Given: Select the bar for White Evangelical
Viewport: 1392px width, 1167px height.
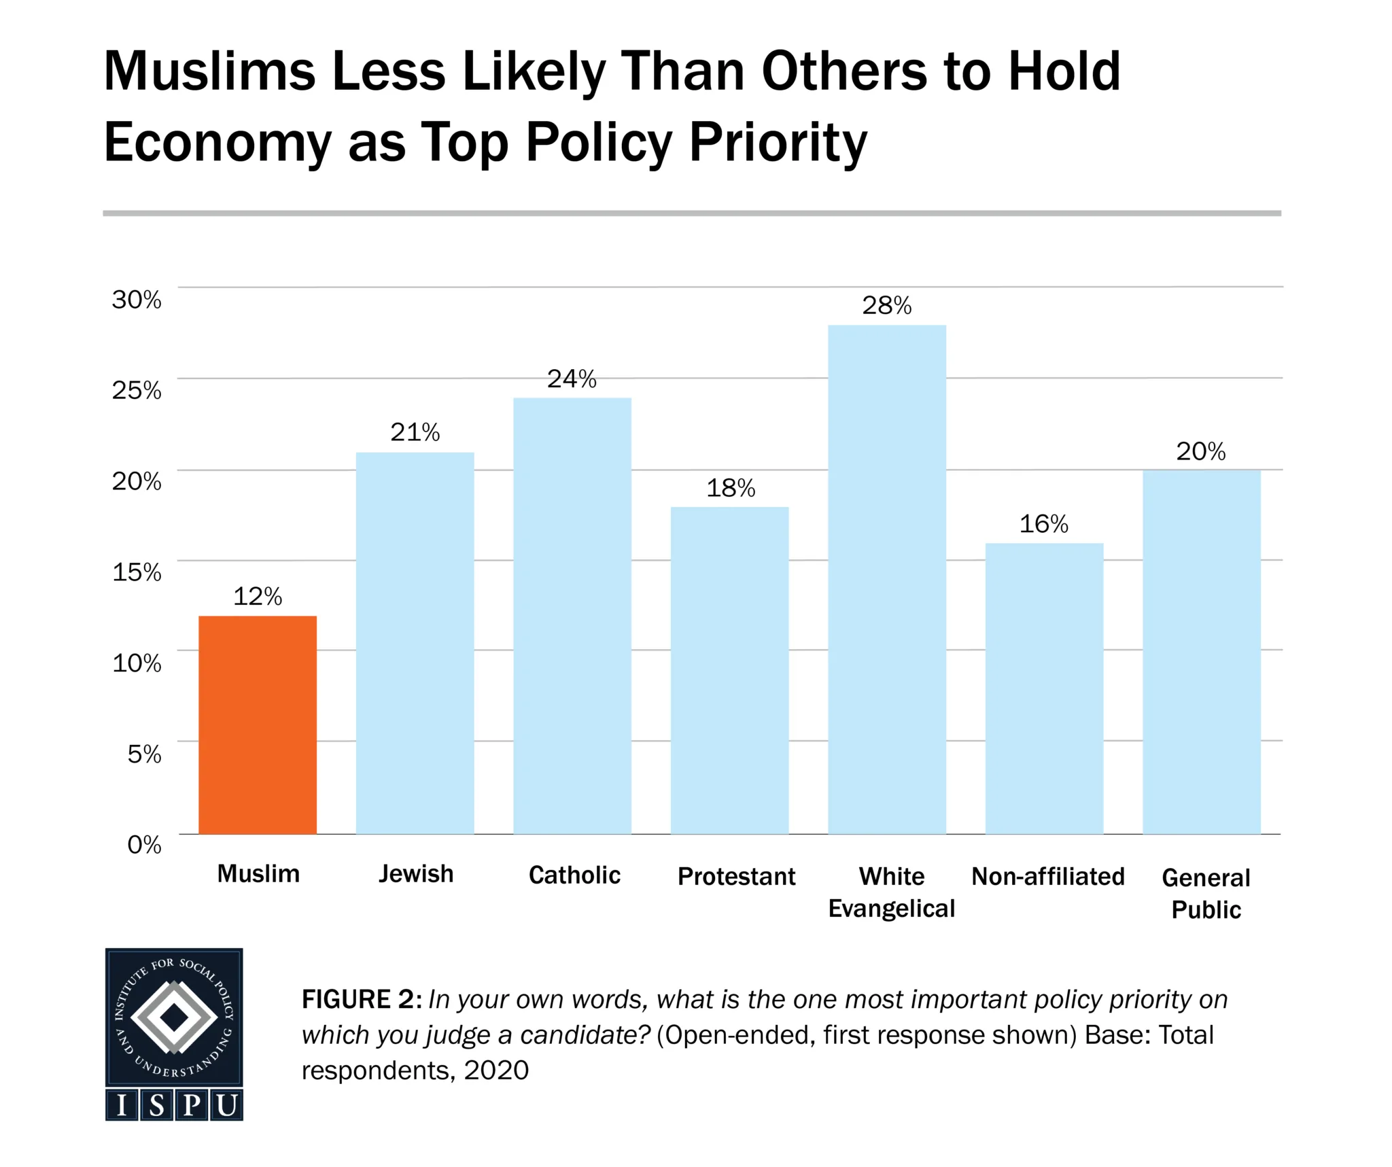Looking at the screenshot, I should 886,579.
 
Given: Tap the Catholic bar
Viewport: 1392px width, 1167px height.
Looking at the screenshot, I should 572,615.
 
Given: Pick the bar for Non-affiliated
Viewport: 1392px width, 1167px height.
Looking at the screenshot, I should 1044,688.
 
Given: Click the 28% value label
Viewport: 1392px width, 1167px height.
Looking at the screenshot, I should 886,306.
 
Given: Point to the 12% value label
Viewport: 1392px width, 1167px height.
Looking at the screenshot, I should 257,597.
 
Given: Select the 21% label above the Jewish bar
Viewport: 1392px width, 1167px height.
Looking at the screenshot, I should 415,432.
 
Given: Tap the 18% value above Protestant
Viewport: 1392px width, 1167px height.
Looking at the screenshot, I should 731,488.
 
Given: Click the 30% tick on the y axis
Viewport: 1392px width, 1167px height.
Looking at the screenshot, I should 137,300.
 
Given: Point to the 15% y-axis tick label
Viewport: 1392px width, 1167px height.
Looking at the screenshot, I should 137,572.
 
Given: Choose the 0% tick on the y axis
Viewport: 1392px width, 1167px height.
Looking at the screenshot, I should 144,845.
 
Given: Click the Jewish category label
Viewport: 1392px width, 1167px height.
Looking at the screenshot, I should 416,874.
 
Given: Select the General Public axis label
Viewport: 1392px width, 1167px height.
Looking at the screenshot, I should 1206,893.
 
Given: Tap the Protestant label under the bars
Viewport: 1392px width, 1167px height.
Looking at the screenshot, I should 736,877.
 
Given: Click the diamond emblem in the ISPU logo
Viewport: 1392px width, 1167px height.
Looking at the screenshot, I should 174,1017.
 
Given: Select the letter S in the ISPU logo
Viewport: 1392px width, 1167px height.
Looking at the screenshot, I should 157,1106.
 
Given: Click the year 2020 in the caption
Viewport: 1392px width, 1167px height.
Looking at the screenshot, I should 496,1070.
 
